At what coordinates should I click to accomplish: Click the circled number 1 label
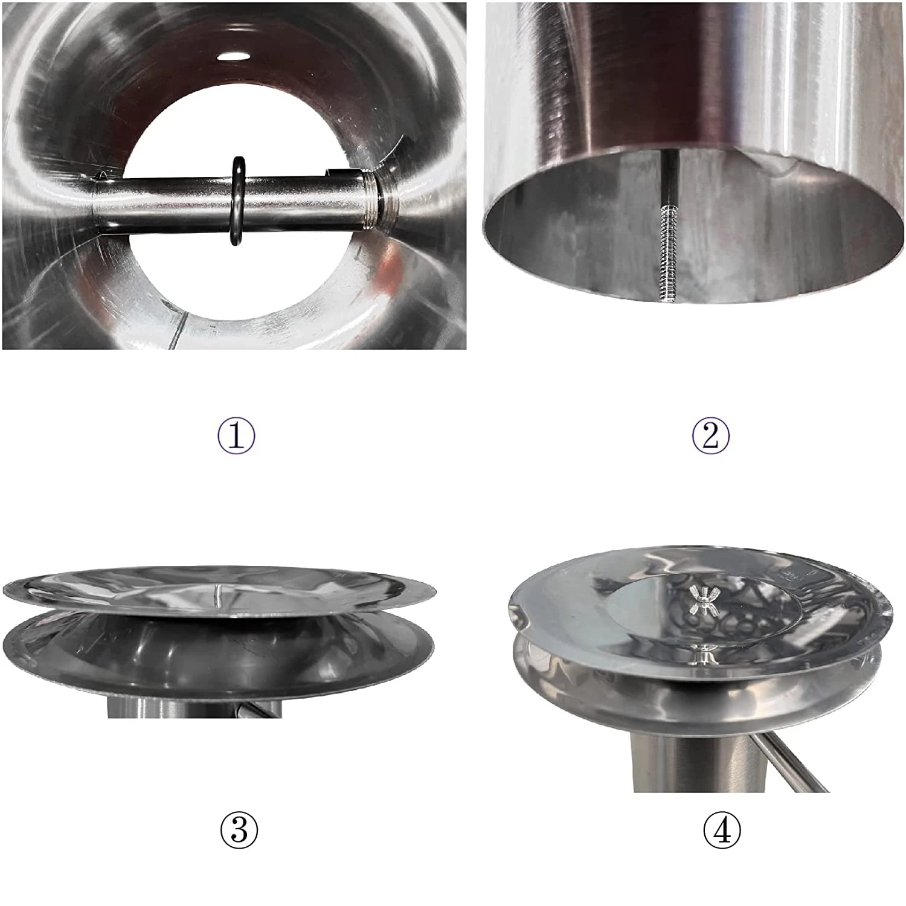tap(236, 435)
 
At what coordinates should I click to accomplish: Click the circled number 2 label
tap(710, 435)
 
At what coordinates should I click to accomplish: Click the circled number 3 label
tap(239, 830)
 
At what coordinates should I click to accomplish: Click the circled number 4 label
tap(722, 830)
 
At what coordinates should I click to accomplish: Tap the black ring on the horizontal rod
tap(237, 202)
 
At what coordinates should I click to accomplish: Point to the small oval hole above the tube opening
tap(233, 56)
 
